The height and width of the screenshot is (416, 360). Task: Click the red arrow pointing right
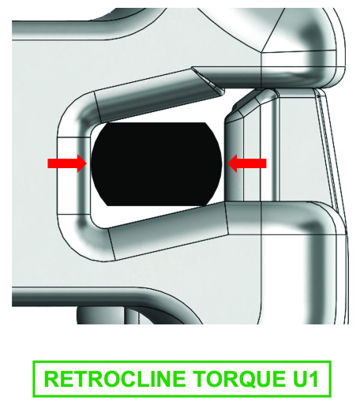point(67,163)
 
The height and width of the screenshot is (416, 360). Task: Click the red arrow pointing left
point(247,163)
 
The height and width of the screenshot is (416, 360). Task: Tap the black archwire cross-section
point(156,164)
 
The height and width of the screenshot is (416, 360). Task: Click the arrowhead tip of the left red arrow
point(87,163)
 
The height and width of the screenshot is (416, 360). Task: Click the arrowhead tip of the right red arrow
point(227,163)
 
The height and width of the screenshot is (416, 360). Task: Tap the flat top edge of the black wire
point(156,123)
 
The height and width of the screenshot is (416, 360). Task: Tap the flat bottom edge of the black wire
point(156,205)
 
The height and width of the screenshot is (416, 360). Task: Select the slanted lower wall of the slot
point(168,230)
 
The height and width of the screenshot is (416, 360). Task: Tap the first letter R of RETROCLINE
point(52,379)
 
